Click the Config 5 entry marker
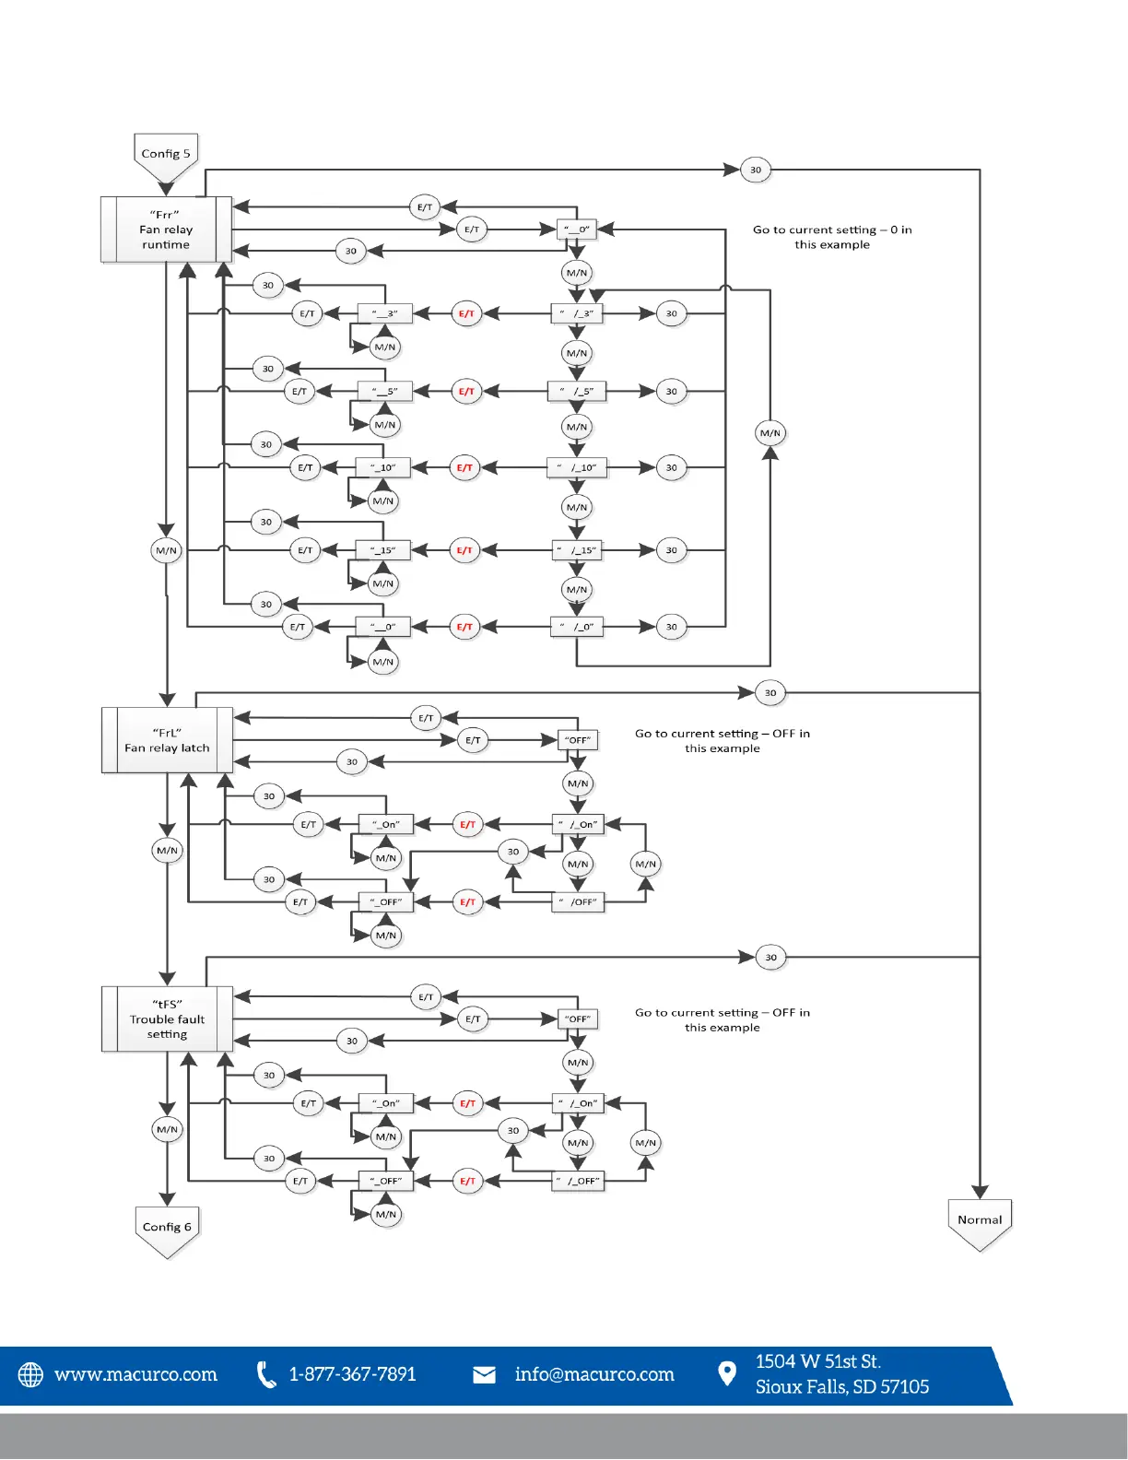point(166,155)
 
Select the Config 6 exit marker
point(167,1228)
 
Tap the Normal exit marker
point(980,1220)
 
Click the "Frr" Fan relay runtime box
point(166,230)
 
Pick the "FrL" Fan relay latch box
point(167,740)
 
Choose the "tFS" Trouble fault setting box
point(167,1019)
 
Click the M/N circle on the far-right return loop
point(770,432)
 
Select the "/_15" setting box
point(577,550)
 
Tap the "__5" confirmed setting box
point(384,392)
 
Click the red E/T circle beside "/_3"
point(467,313)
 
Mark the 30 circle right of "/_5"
point(671,392)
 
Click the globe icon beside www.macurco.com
point(31,1374)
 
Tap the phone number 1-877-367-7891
point(352,1374)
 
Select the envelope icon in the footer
point(484,1375)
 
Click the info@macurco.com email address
point(594,1374)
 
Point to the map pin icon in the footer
point(727,1374)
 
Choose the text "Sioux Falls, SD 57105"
point(842,1387)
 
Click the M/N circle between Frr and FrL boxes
point(166,550)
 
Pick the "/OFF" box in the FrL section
point(578,902)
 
